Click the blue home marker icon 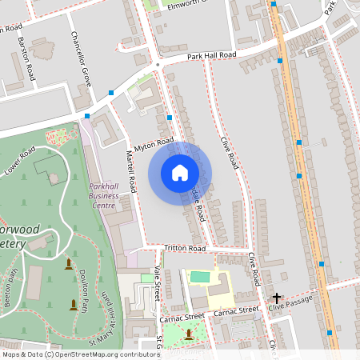click(180, 173)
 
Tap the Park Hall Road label click(212, 55)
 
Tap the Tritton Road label click(184, 249)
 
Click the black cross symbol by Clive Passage click(276, 297)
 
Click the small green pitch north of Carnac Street click(198, 278)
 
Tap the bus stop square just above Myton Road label click(170, 118)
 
